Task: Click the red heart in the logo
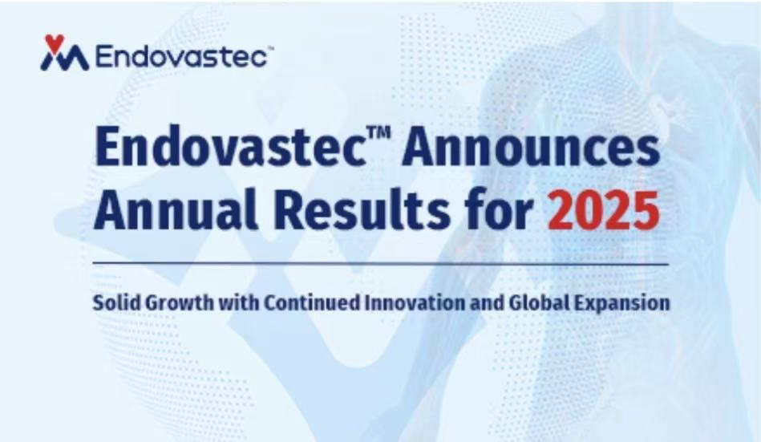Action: [x=55, y=42]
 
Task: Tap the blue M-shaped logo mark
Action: [x=64, y=59]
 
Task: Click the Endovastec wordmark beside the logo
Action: [x=181, y=56]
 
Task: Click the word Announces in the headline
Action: [x=531, y=147]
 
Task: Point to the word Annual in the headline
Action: [x=175, y=209]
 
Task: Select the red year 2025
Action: [x=604, y=210]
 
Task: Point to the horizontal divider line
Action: [x=381, y=264]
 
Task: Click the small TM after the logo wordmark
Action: [x=271, y=49]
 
